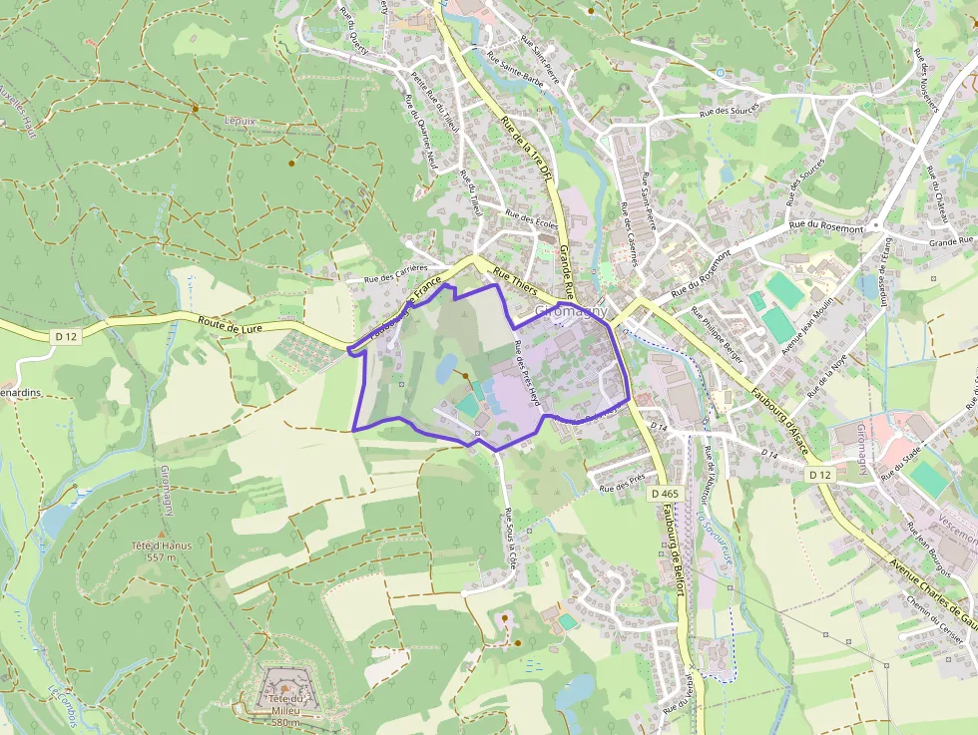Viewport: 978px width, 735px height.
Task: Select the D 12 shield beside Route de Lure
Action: pos(66,337)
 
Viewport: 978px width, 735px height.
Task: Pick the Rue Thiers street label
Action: pos(516,284)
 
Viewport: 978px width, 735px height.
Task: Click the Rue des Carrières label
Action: pos(395,274)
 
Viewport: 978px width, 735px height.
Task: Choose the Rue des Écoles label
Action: pos(532,219)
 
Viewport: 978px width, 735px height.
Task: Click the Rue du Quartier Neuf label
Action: pos(421,131)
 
